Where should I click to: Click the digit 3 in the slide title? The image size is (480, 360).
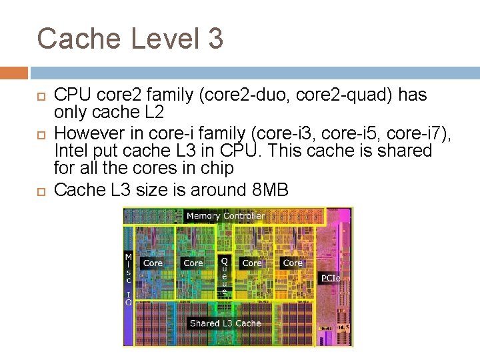click(x=215, y=39)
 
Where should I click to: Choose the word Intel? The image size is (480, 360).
click(x=71, y=151)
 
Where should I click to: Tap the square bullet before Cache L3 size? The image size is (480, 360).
click(x=39, y=191)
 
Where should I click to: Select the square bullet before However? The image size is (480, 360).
click(x=39, y=134)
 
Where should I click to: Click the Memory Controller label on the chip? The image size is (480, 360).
click(x=225, y=215)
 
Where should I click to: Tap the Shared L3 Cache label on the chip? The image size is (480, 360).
click(x=225, y=323)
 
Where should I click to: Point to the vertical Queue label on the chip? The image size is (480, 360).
click(x=225, y=277)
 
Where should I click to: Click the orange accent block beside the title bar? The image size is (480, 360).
click(x=14, y=73)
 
